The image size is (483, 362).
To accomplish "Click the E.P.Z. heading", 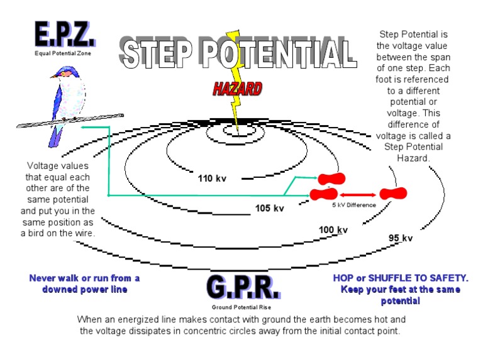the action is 65,36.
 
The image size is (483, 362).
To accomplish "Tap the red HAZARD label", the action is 236,89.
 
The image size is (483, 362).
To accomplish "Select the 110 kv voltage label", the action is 211,178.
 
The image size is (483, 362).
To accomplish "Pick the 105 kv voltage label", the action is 269,208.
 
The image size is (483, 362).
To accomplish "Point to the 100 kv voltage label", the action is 333,229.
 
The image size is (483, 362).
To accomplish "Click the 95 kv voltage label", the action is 400,238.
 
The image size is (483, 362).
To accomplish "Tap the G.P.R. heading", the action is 242,288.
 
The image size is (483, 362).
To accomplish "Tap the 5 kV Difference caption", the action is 353,206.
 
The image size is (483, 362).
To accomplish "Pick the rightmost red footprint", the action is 393,194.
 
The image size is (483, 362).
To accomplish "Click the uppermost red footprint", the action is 331,179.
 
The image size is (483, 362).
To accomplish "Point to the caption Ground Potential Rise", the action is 241,307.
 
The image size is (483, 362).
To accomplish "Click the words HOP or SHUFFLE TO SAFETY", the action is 401,278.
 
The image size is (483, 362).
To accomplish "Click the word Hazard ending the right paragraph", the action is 413,158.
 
